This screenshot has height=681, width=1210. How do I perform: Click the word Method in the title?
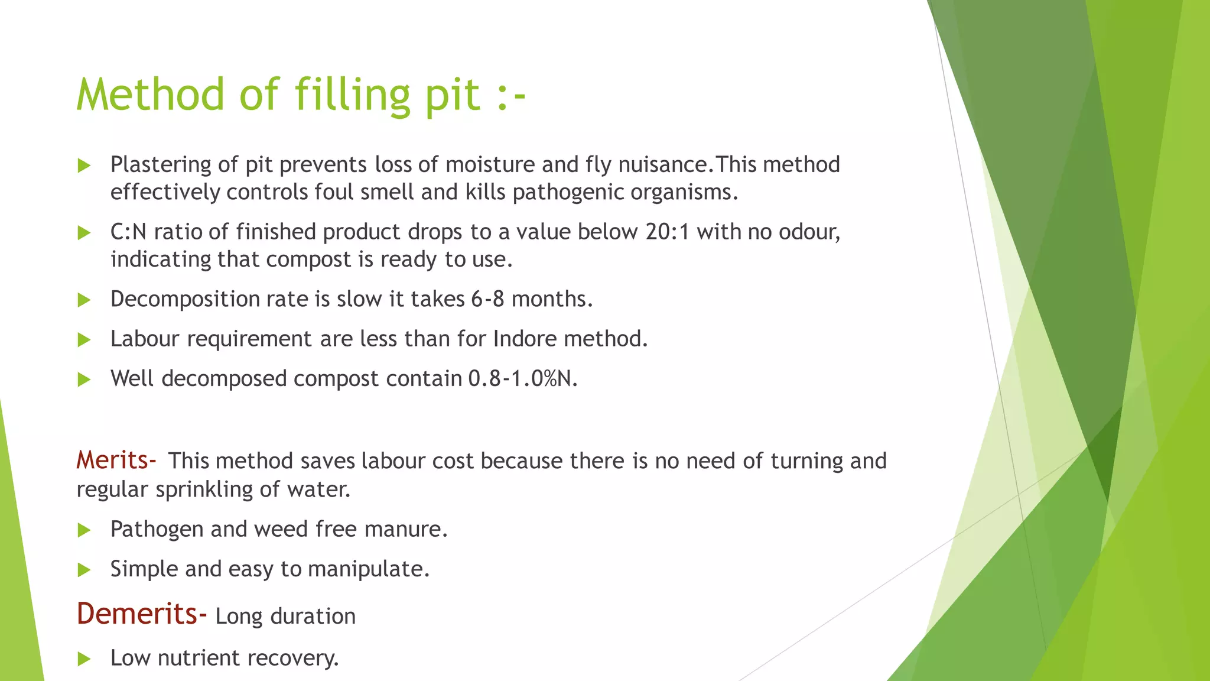click(x=150, y=95)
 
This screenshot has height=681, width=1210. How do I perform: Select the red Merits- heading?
click(x=116, y=460)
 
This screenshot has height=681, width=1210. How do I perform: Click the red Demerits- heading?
click(x=141, y=614)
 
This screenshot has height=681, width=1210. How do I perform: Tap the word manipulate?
click(x=368, y=569)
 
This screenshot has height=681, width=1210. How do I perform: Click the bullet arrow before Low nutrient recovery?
click(x=84, y=659)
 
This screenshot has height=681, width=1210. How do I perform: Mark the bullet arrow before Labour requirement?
click(x=84, y=339)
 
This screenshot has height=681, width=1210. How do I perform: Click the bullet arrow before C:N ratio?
click(x=84, y=232)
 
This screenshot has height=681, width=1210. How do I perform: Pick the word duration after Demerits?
click(x=313, y=616)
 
